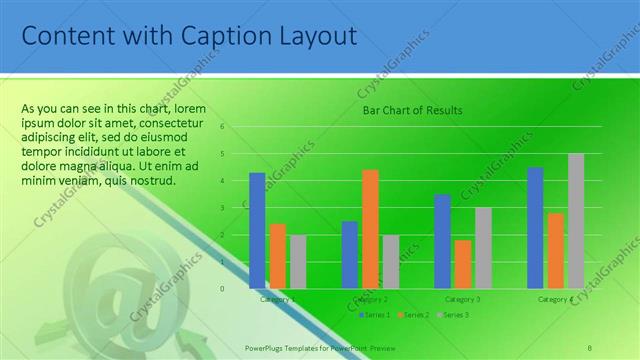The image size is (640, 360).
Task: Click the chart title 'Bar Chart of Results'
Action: click(412, 110)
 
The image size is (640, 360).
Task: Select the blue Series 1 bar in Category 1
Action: click(257, 230)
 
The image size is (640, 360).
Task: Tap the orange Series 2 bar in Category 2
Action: click(370, 229)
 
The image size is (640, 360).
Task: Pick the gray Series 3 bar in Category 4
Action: click(576, 221)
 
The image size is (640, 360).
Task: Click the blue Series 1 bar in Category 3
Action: click(442, 241)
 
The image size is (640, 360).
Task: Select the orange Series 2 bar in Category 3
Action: click(462, 264)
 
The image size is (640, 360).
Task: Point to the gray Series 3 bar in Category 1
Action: click(298, 261)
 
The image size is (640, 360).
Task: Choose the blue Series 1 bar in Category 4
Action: click(535, 227)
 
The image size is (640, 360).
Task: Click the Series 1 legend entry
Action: click(374, 315)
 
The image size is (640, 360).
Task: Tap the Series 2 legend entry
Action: click(415, 315)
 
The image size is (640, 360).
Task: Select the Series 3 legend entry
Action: click(455, 315)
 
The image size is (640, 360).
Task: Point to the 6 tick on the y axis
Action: click(237, 127)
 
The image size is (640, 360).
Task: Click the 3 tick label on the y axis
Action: click(237, 208)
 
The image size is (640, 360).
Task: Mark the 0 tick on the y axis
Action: click(237, 288)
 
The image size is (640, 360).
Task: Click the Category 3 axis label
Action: click(462, 299)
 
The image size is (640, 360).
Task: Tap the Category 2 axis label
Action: click(370, 299)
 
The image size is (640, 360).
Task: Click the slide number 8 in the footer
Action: click(589, 346)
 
